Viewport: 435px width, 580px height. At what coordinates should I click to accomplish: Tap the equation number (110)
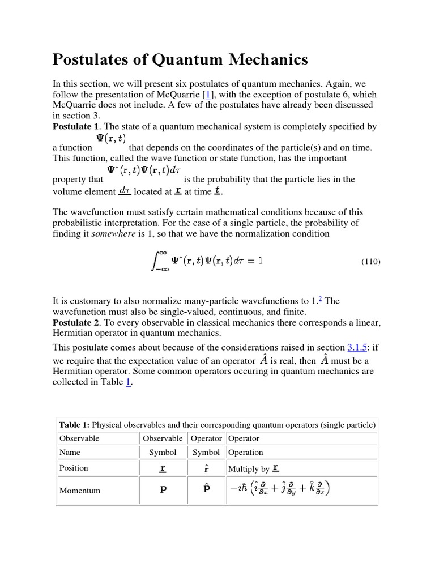click(x=370, y=262)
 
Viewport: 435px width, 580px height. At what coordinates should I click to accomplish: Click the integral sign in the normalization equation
click(x=157, y=261)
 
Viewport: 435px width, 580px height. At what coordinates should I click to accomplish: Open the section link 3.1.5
click(x=356, y=347)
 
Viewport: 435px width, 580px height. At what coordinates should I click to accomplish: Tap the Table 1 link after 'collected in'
click(x=128, y=382)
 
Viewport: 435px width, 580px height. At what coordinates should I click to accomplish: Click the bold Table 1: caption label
click(x=74, y=425)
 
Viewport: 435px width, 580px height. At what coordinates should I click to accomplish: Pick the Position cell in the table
click(x=74, y=468)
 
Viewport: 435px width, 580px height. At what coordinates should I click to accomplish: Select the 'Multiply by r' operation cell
click(x=254, y=468)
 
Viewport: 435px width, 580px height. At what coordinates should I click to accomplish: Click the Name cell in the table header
click(x=69, y=452)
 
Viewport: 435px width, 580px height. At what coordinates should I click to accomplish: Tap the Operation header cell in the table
click(x=246, y=452)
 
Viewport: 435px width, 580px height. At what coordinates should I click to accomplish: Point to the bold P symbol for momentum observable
click(x=163, y=491)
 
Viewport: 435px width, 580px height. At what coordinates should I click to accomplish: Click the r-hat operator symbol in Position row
click(x=206, y=468)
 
